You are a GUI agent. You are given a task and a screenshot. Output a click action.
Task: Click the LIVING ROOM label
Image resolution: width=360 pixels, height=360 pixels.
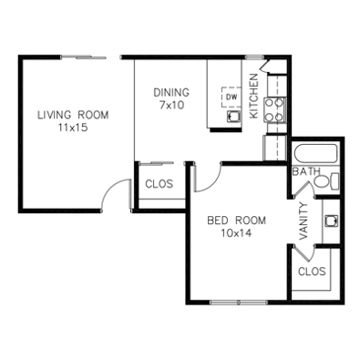click(73, 115)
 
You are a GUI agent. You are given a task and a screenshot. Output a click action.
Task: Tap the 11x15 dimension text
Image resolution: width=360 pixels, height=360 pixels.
click(73, 128)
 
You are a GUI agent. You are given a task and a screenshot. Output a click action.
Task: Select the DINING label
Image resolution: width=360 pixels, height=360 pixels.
click(171, 92)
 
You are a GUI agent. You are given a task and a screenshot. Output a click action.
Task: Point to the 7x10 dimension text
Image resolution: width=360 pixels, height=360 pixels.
click(171, 105)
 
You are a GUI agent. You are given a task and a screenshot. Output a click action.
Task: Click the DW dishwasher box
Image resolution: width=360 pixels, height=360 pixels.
click(231, 97)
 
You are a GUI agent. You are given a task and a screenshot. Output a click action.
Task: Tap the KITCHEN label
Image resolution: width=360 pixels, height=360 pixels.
click(253, 96)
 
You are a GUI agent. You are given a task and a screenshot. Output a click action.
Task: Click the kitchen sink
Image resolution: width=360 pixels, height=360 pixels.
click(234, 116)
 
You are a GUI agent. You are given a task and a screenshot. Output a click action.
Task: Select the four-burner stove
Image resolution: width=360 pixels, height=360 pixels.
click(274, 109)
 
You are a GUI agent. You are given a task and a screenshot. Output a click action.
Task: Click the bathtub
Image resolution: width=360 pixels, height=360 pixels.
click(316, 155)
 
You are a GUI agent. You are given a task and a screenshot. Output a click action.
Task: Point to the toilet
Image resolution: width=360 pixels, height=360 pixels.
click(326, 181)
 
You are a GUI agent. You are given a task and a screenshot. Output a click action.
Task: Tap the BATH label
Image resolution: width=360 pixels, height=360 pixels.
click(306, 171)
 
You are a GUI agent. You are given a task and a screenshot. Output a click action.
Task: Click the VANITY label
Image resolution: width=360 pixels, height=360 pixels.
click(303, 221)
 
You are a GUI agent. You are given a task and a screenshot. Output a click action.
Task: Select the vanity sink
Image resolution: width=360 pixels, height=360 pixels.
click(331, 221)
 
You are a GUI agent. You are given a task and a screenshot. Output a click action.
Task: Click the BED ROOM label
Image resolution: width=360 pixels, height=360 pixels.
click(236, 221)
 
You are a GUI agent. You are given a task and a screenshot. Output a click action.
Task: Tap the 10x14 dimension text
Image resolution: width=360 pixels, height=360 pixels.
click(236, 233)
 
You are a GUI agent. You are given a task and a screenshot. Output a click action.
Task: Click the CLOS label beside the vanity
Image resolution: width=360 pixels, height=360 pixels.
click(312, 272)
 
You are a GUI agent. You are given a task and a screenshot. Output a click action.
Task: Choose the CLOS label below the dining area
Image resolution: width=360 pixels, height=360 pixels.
click(159, 184)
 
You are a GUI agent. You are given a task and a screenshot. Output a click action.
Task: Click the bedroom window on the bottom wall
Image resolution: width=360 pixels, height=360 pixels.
click(239, 303)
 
